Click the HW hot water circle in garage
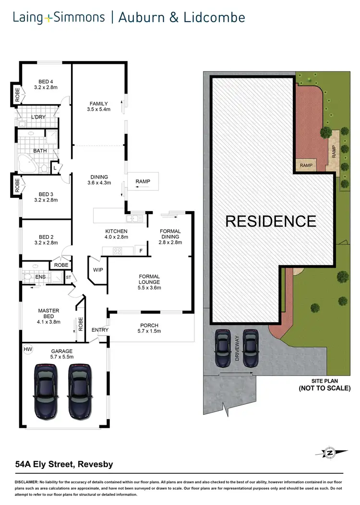point(28,349)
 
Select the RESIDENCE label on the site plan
point(271,221)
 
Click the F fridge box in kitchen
point(141,251)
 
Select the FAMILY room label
point(99,104)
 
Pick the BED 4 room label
point(46,81)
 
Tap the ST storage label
point(69,277)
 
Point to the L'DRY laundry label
point(38,117)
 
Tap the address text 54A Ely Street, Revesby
point(64,465)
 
